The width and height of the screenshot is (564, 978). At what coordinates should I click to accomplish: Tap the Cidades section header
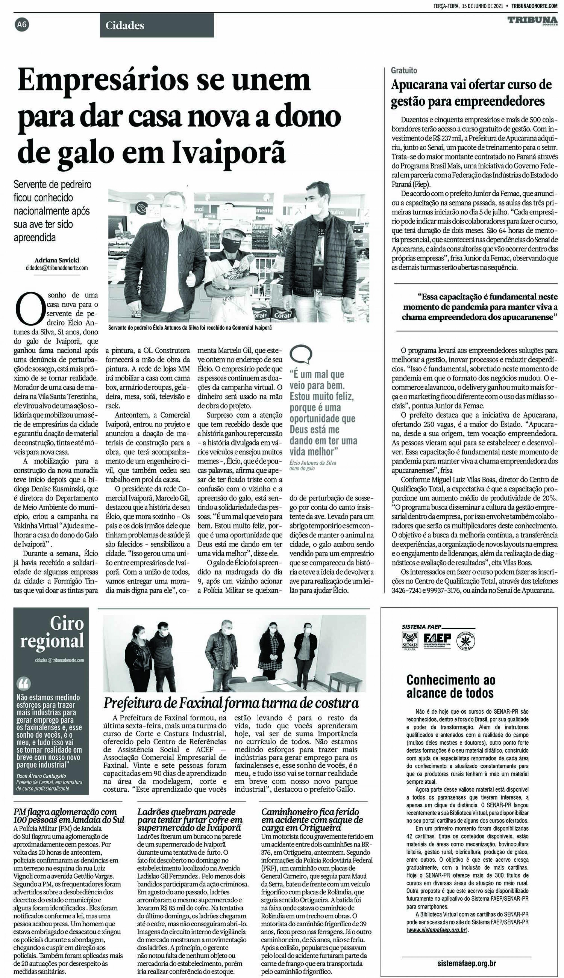pyautogui.click(x=125, y=25)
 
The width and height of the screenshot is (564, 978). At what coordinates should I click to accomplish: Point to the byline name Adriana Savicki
pyautogui.click(x=57, y=260)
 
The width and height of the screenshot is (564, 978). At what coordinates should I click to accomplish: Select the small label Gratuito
pyautogui.click(x=404, y=71)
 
